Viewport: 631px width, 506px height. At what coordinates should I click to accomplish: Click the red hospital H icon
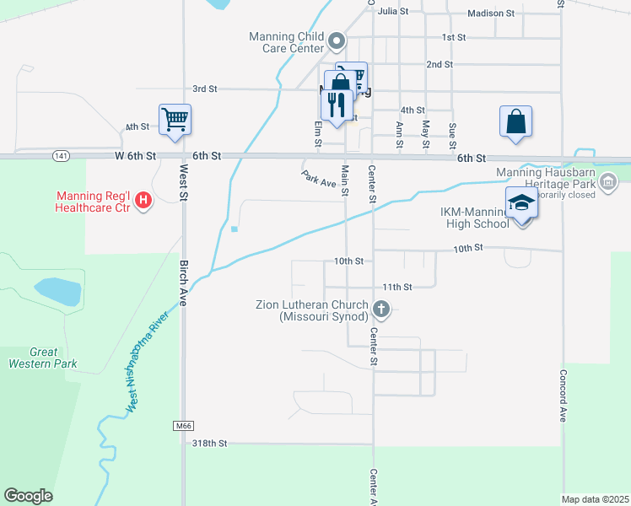pyautogui.click(x=143, y=201)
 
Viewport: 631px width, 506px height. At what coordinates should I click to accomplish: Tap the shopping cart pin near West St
pyautogui.click(x=175, y=119)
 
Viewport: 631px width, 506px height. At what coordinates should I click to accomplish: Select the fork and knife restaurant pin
pyautogui.click(x=335, y=103)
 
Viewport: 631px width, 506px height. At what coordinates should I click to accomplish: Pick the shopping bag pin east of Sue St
pyautogui.click(x=515, y=121)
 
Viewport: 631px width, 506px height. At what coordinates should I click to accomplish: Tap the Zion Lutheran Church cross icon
pyautogui.click(x=381, y=310)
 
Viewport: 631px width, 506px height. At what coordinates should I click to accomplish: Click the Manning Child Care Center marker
pyautogui.click(x=337, y=41)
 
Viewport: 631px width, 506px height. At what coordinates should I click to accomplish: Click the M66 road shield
pyautogui.click(x=185, y=426)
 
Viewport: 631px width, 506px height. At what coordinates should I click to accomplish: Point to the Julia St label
pyautogui.click(x=393, y=11)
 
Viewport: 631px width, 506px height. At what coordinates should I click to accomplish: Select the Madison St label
pyautogui.click(x=491, y=13)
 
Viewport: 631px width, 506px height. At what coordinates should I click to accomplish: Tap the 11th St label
pyautogui.click(x=396, y=287)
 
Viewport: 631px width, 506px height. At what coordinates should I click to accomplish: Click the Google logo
pyautogui.click(x=28, y=496)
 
